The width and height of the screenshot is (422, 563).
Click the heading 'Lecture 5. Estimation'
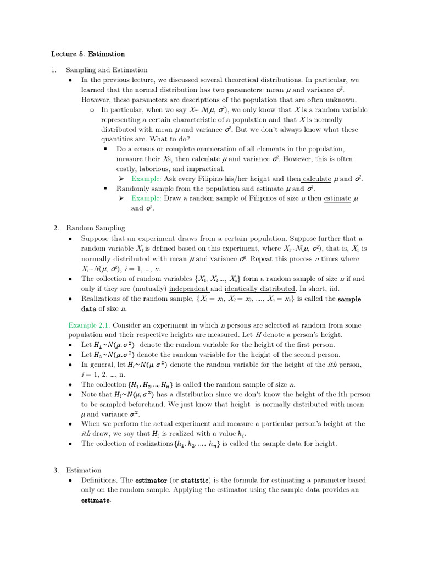(88, 54)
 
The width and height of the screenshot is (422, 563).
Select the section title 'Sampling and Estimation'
(107, 70)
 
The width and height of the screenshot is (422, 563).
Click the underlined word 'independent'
(188, 289)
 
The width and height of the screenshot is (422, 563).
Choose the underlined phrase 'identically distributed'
(260, 289)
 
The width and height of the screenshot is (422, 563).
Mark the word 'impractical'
(206, 169)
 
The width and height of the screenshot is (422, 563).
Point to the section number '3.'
(56, 470)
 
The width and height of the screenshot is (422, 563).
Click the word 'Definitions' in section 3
(99, 480)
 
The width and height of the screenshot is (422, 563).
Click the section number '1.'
(54, 70)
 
